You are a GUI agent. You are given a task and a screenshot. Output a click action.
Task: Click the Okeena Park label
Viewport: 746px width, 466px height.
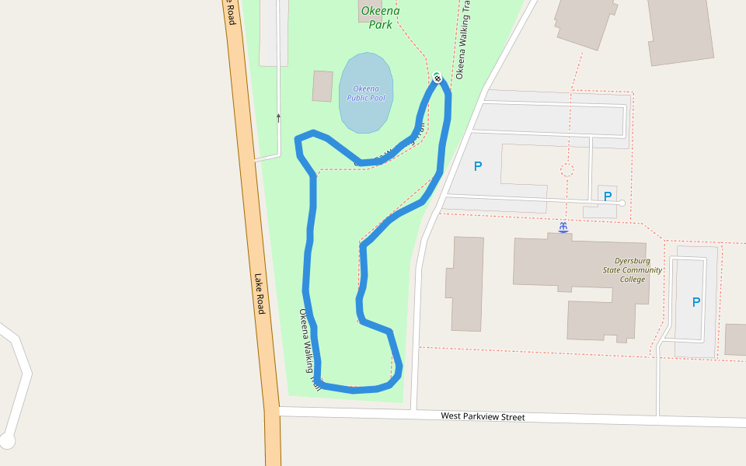coord(380,17)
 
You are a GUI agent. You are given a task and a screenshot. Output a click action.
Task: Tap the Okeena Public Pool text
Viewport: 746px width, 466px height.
coord(366,93)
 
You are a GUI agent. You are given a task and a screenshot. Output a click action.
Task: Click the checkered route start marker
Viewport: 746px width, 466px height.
coord(437,77)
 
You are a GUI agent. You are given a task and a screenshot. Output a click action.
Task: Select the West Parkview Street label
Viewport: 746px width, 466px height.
coord(483,417)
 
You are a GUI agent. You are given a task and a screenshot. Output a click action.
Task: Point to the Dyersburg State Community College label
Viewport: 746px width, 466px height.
coord(633,270)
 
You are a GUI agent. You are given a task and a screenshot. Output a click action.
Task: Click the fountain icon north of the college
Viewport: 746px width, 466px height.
coord(563,227)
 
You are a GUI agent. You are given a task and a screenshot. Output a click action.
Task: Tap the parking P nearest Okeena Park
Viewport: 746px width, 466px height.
coord(478,166)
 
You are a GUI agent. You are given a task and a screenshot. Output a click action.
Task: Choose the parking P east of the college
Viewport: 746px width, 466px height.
coord(695,302)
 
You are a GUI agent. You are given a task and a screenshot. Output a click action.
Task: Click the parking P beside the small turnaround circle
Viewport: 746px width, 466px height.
coord(608,196)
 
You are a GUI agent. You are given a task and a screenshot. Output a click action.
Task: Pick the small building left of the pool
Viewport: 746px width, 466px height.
coord(322,86)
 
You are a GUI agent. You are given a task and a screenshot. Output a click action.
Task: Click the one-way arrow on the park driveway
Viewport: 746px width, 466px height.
coord(278,118)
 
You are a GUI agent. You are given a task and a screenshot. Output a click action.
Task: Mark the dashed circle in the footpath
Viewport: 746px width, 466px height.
coord(567,169)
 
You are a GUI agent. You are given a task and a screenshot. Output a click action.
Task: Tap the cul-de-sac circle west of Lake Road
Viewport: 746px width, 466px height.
coord(7,441)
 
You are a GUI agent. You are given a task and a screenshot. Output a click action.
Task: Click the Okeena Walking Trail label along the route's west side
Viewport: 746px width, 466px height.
coord(309,349)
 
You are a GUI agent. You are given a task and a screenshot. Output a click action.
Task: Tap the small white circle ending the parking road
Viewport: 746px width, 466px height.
coord(622,203)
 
